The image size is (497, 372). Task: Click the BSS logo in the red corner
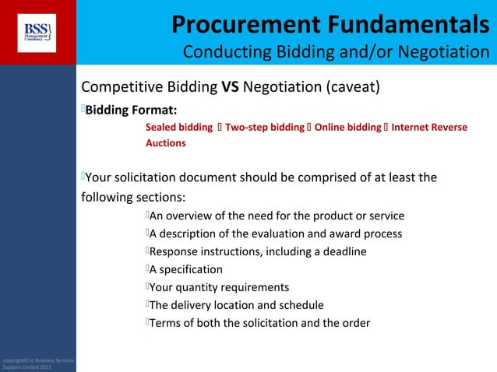pos(37,32)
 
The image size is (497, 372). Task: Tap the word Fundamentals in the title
pos(412,23)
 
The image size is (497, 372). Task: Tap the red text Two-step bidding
pos(265,127)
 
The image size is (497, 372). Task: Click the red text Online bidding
pos(348,127)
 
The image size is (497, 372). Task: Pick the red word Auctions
pos(166,143)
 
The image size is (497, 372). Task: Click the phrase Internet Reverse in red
pos(429,127)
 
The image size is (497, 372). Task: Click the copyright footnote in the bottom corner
pos(37,363)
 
